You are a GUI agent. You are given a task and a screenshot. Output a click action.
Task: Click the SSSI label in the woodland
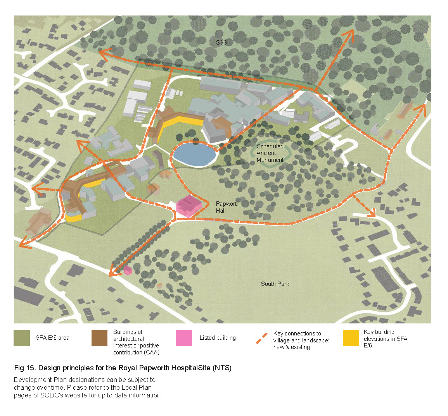(x=222, y=42)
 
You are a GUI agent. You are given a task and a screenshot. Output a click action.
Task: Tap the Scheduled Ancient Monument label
(x=270, y=153)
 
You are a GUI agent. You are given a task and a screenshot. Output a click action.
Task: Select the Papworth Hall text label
(x=227, y=207)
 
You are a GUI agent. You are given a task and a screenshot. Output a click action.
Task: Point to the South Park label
(x=275, y=284)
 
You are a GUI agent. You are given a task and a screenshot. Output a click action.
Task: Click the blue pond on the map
(x=194, y=153)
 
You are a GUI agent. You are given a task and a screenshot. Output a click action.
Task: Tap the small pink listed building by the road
(x=128, y=270)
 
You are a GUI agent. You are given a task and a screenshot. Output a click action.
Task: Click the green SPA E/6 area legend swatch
(x=22, y=338)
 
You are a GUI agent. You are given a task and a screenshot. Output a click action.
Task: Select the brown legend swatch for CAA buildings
(x=100, y=338)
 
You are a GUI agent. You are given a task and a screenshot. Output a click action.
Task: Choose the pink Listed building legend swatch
(x=184, y=338)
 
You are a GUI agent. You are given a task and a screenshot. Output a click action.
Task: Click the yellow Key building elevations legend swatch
(x=351, y=338)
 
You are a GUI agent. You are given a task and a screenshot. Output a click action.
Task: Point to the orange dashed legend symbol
(x=262, y=338)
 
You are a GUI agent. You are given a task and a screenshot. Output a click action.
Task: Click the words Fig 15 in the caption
(x=24, y=368)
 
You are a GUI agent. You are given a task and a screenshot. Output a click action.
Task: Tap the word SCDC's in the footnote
(x=52, y=395)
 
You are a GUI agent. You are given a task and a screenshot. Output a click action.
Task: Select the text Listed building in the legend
(x=218, y=338)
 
